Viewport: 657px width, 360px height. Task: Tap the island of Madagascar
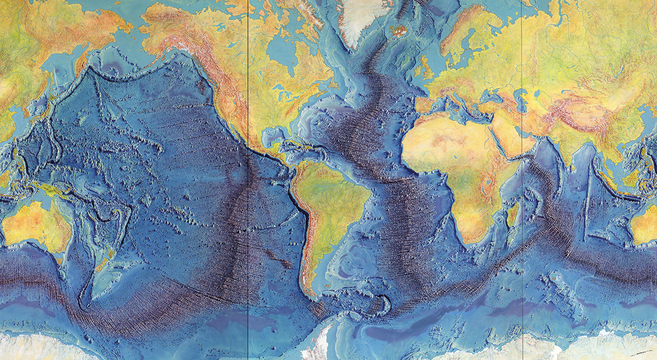513,213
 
